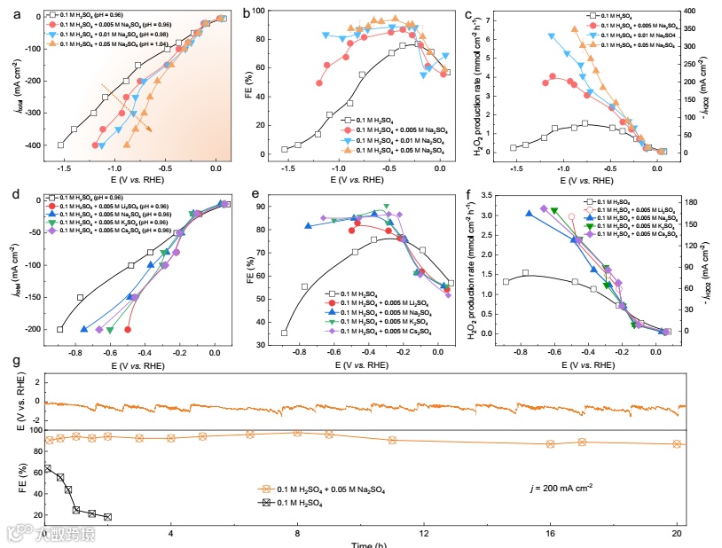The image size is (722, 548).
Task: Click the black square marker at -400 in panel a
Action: coord(61,145)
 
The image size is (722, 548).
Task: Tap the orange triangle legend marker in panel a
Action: coord(52,43)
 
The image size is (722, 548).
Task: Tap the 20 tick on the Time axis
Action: coord(678,536)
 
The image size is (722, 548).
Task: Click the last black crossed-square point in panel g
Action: coord(107,517)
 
